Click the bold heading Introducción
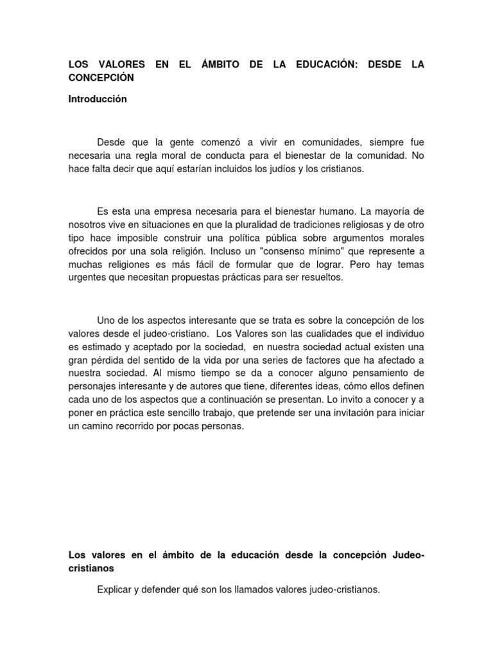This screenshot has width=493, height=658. (98, 100)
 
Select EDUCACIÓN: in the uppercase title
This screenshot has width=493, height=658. (315, 66)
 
